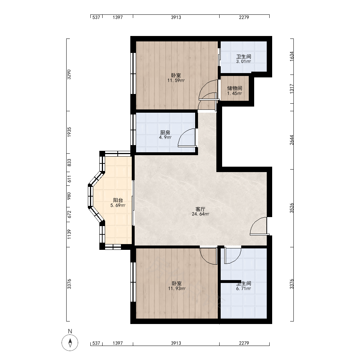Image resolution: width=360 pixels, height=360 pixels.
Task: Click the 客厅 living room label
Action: (x=200, y=209)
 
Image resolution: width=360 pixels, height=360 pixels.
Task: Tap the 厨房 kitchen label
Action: (x=165, y=132)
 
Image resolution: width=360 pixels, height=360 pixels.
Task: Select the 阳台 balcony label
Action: (x=118, y=200)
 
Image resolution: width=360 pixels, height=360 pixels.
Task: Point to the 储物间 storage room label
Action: (x=235, y=88)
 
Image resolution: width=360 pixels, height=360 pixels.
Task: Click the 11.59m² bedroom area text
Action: (x=176, y=80)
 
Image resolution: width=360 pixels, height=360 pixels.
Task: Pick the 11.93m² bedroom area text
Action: (x=177, y=289)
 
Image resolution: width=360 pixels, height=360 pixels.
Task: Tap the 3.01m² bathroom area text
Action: (x=244, y=62)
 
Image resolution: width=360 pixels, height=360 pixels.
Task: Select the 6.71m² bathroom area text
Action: (x=244, y=289)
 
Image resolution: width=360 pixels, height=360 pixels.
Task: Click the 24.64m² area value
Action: (x=201, y=214)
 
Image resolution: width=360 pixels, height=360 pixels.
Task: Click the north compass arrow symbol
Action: (x=70, y=343)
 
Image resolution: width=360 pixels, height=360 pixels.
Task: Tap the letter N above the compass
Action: (x=70, y=331)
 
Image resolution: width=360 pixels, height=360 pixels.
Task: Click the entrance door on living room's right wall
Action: (x=259, y=226)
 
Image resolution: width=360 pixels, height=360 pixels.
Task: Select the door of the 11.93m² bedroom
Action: (x=208, y=256)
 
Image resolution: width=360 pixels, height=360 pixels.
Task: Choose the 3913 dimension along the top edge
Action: (x=176, y=17)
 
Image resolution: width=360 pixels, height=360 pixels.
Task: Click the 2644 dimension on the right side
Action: (x=292, y=140)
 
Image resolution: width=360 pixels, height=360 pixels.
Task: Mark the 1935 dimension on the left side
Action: (x=69, y=132)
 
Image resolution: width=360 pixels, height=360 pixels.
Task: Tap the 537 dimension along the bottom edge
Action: (x=96, y=343)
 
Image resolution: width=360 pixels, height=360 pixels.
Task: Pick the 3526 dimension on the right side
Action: (x=292, y=208)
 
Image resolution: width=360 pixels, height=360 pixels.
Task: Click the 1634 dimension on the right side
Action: (x=292, y=56)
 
